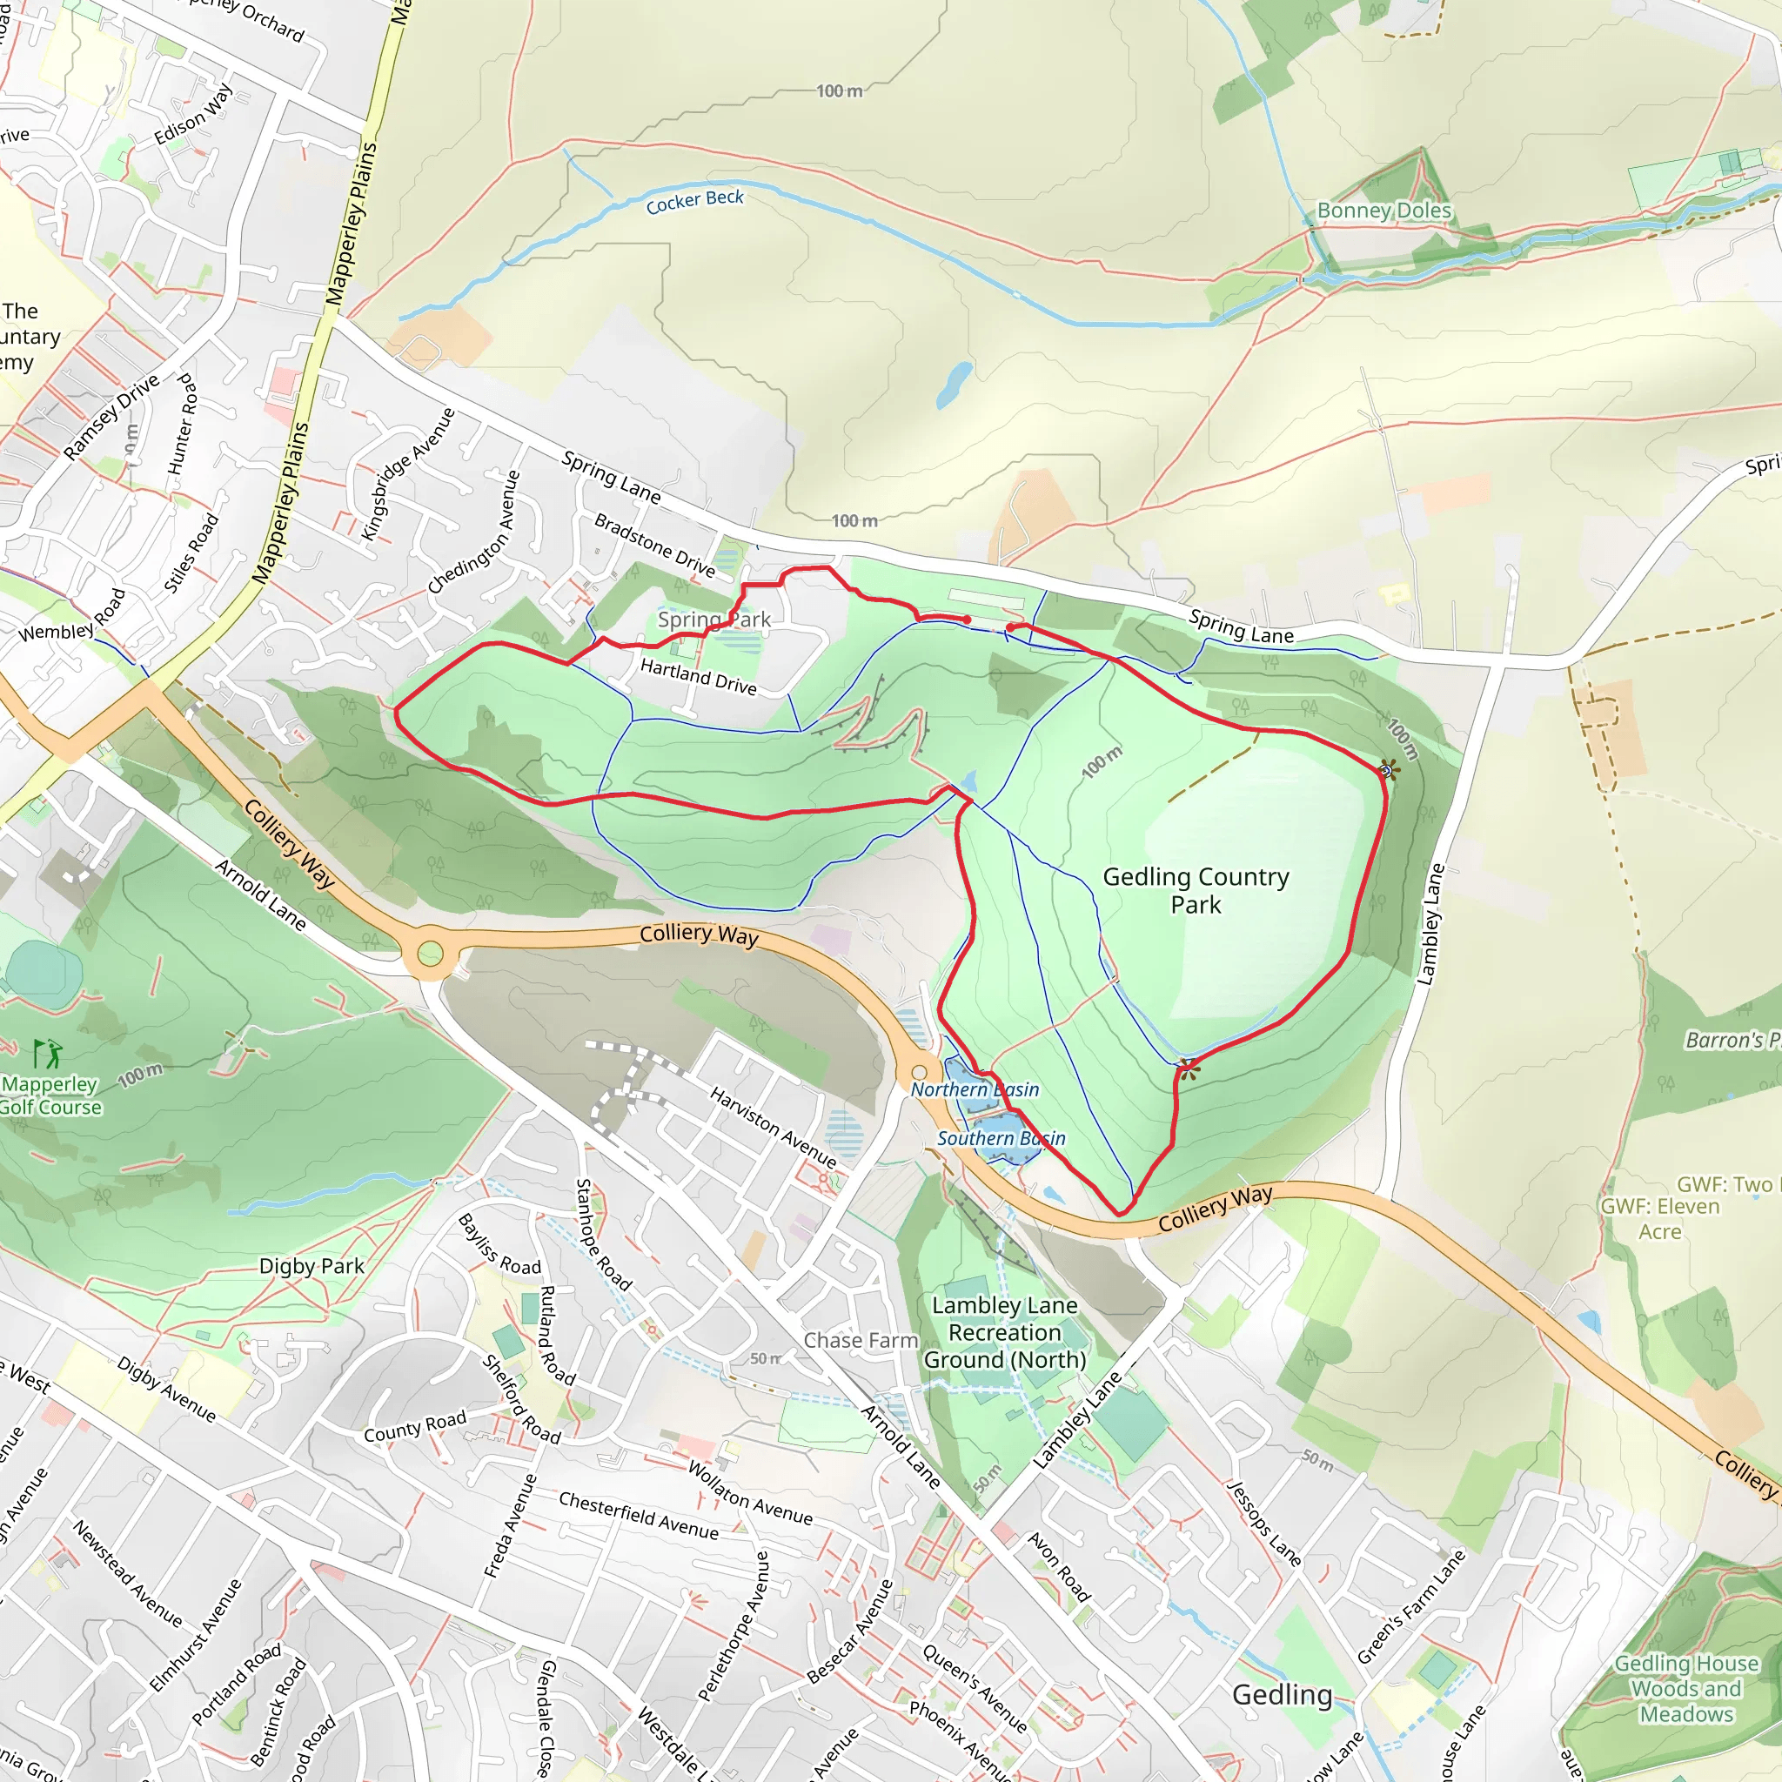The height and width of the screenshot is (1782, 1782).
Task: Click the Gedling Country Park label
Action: pyautogui.click(x=1196, y=890)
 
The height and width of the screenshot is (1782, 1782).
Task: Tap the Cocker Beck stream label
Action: pyautogui.click(x=693, y=201)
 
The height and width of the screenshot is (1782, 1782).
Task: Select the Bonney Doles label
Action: pyautogui.click(x=1383, y=211)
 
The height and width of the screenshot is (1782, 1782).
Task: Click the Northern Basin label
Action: pyautogui.click(x=974, y=1089)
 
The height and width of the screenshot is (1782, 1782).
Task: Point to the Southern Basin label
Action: pyautogui.click(x=1001, y=1138)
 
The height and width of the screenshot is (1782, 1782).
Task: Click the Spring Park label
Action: pyautogui.click(x=713, y=619)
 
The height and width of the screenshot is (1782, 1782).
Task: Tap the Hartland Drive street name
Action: pyautogui.click(x=698, y=676)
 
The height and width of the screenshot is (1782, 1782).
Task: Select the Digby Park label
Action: pyautogui.click(x=311, y=1265)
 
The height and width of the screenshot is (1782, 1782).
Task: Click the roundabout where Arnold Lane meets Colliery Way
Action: pyautogui.click(x=430, y=953)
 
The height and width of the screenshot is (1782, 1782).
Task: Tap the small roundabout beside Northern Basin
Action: pyautogui.click(x=919, y=1072)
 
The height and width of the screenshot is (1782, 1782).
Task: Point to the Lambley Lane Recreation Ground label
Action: pyautogui.click(x=1004, y=1332)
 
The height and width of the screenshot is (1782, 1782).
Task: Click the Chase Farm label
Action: pyautogui.click(x=861, y=1340)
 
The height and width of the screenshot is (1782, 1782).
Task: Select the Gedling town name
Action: pyautogui.click(x=1282, y=1693)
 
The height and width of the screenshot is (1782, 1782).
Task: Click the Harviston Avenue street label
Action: pyautogui.click(x=772, y=1126)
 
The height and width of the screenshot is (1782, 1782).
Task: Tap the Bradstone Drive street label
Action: pyautogui.click(x=654, y=544)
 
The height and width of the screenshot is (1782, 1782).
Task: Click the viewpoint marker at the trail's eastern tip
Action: pyautogui.click(x=1386, y=770)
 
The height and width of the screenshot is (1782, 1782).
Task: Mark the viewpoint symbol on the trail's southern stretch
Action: pyautogui.click(x=1187, y=1070)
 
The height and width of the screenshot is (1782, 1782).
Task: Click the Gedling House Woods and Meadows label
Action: pyautogui.click(x=1685, y=1688)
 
